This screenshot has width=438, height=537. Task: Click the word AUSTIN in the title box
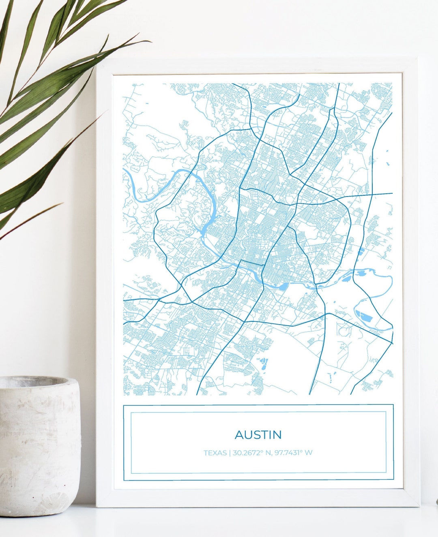[258, 435]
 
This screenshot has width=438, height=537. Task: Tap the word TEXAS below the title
[215, 453]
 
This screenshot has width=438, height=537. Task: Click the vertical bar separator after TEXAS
[230, 453]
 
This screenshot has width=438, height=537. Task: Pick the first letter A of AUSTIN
[239, 435]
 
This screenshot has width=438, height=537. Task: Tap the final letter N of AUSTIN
[277, 435]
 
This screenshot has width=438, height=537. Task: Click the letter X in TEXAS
[215, 453]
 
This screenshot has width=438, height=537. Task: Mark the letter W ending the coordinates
[309, 453]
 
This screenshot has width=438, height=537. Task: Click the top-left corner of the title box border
[124, 405]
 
